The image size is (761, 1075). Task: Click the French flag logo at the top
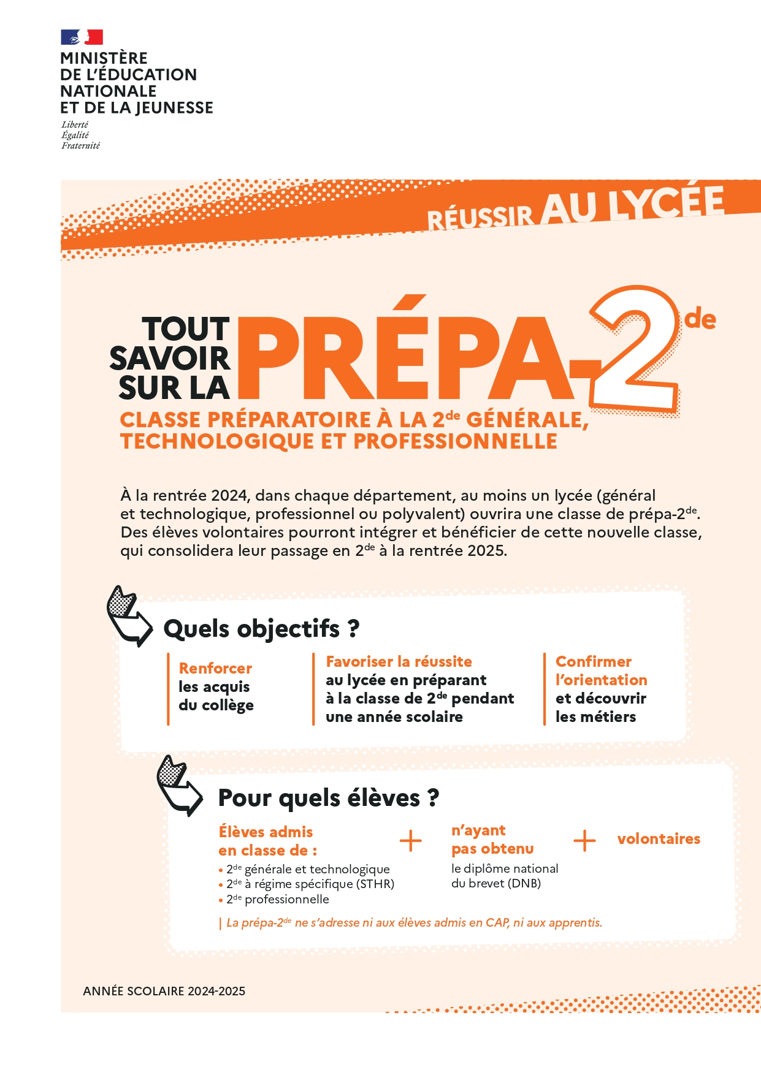[x=82, y=37]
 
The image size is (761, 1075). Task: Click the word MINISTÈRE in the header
[x=104, y=58]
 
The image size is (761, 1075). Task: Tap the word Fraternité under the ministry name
[x=80, y=146]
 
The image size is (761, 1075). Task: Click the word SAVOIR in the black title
[x=169, y=359]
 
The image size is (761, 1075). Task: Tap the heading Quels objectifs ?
[x=261, y=629]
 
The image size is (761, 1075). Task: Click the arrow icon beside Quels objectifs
[x=129, y=616]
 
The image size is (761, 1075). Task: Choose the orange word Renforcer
[x=215, y=668]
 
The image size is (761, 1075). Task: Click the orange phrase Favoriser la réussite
[x=399, y=662]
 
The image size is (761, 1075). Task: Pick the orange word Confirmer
[x=593, y=662]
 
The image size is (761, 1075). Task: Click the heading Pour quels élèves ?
[x=329, y=798]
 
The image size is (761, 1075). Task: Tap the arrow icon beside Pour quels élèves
[x=179, y=785]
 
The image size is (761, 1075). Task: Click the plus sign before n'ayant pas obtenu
[x=410, y=841]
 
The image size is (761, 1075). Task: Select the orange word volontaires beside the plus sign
[x=659, y=839]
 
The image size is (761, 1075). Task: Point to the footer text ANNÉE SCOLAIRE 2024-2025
[x=164, y=991]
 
